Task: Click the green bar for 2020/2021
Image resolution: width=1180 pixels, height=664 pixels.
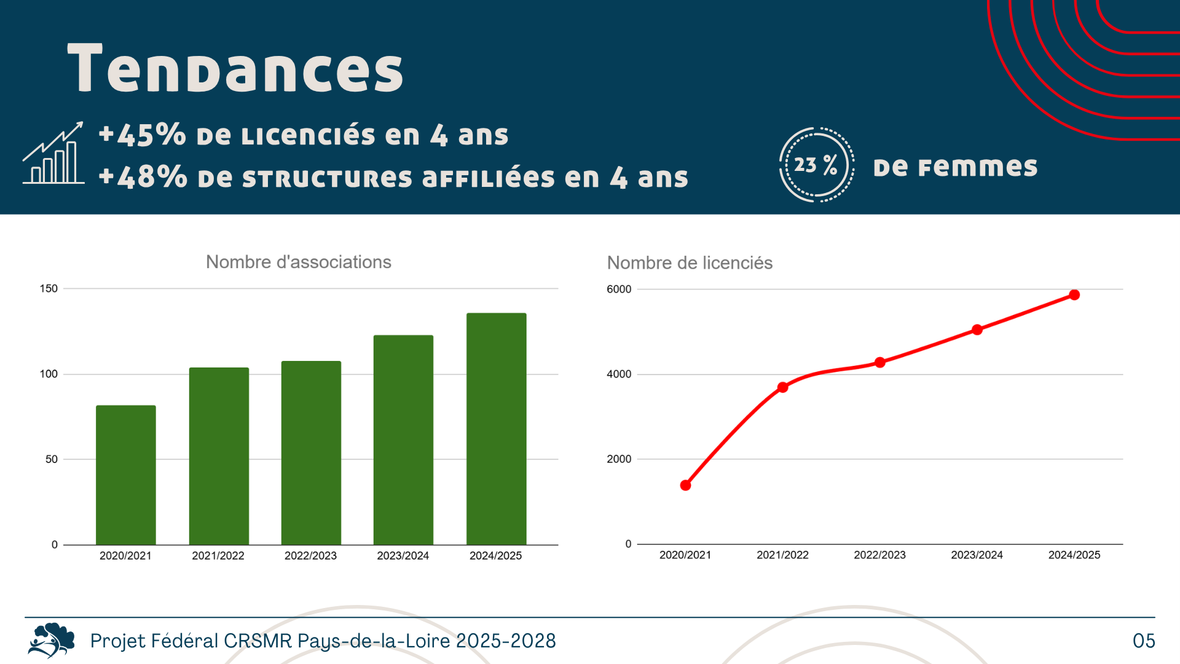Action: point(126,475)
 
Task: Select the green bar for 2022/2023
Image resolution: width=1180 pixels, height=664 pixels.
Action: point(311,453)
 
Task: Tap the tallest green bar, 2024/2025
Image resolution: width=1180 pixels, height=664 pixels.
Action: point(496,429)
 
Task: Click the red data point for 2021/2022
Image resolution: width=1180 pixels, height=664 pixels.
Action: point(782,387)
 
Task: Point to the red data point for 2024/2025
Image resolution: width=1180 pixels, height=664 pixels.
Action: point(1074,295)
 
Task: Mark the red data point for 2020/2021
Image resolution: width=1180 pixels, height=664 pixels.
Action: point(686,485)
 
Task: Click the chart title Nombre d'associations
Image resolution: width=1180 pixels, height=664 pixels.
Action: point(299,262)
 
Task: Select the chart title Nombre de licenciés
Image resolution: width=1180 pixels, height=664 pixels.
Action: point(690,263)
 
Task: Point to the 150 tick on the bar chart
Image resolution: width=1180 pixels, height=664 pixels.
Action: point(49,288)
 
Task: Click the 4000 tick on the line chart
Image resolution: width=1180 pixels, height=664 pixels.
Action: point(619,374)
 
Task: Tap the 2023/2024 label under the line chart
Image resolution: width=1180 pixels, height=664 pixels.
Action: point(977,555)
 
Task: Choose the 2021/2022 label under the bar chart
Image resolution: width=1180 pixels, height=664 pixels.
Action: point(218,555)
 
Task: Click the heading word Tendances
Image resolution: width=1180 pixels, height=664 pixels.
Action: point(235,69)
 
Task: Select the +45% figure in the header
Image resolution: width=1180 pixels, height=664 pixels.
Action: point(143,135)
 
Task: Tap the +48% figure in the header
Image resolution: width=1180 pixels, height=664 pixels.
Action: point(143,177)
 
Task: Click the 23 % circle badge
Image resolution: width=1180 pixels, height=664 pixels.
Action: point(816,165)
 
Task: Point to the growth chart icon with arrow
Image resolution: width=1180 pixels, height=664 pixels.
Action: point(53,153)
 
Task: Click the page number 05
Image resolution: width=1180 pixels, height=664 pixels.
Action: point(1144,641)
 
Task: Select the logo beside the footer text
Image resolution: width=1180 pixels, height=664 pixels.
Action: point(52,640)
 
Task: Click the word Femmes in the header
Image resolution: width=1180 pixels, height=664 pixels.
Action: point(977,167)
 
